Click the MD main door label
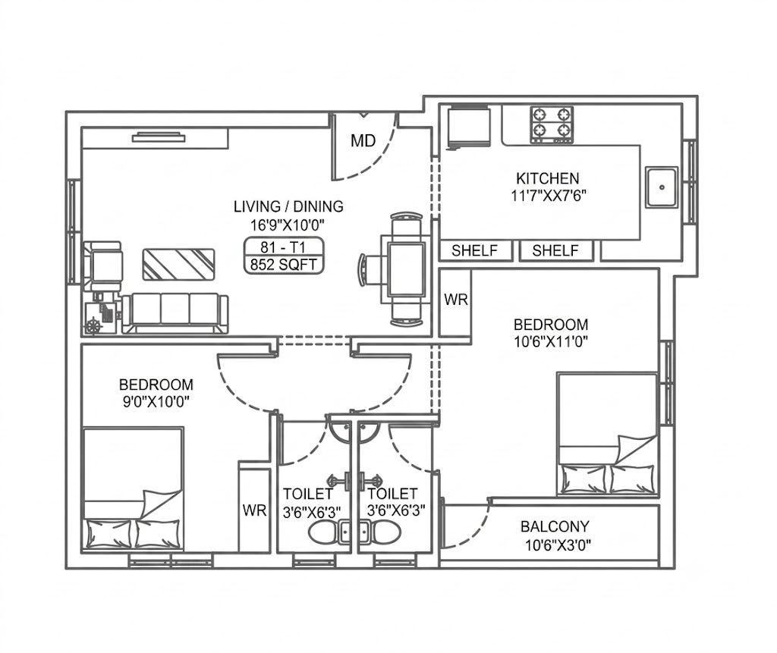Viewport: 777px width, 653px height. (363, 141)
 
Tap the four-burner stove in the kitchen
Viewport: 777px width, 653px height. (552, 124)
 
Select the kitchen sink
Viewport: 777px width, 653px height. (662, 187)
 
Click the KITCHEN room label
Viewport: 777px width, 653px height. (548, 178)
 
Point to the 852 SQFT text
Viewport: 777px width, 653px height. (284, 265)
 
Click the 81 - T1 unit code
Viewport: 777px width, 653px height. (283, 246)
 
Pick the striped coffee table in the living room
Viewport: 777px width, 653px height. (178, 265)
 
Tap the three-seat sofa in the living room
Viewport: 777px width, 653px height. (175, 313)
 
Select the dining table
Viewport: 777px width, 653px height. (407, 269)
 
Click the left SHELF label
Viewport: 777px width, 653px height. (475, 251)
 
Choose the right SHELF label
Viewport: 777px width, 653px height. (555, 251)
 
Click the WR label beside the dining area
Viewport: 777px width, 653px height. (456, 300)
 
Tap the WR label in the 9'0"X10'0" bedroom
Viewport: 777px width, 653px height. (255, 510)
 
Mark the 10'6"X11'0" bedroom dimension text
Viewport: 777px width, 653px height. (551, 341)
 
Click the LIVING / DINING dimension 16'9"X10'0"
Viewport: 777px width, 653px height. (287, 225)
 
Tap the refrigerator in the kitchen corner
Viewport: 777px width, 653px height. (469, 128)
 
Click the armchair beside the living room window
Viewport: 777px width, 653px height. (103, 266)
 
